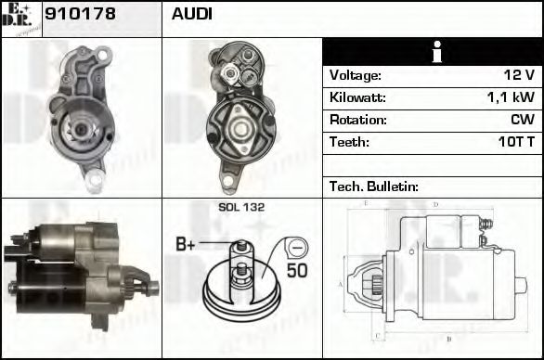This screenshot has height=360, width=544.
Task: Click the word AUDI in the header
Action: point(191,15)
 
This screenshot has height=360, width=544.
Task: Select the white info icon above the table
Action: point(433,53)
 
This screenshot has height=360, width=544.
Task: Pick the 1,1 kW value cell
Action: point(513,97)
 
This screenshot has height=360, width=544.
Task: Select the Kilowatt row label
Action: point(357,97)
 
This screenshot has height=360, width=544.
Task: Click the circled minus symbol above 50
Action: point(295,248)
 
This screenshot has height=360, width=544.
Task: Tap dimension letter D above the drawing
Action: point(435,203)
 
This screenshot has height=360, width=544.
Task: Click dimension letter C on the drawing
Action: point(376,335)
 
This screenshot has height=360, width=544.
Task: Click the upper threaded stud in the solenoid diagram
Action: point(240,247)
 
